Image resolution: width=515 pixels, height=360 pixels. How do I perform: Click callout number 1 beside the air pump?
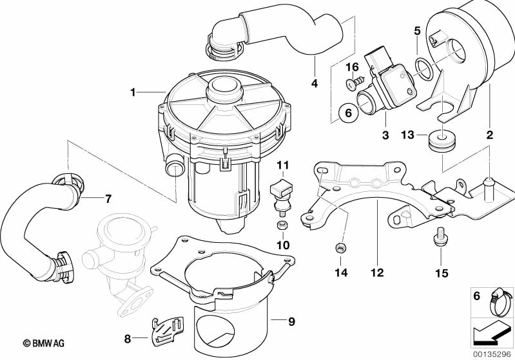tap(133, 93)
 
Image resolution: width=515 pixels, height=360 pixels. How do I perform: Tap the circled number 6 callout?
tap(347, 113)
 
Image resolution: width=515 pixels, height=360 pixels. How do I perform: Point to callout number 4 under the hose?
tap(314, 82)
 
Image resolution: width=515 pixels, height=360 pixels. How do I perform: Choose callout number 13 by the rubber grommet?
tap(407, 135)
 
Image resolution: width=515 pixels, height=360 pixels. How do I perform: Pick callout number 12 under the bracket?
tap(376, 273)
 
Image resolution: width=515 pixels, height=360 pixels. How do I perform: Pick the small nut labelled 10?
tap(282, 225)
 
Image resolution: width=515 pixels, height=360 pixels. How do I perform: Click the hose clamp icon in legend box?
tap(491, 301)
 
